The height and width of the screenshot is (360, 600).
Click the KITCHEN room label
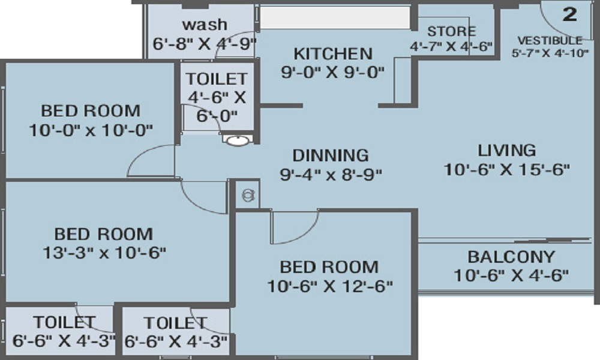click(x=333, y=54)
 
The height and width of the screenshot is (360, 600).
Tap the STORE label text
click(x=452, y=31)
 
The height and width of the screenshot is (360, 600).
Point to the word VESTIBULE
click(x=550, y=40)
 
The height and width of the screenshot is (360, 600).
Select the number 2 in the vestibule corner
click(x=570, y=14)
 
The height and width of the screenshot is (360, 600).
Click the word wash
click(x=205, y=25)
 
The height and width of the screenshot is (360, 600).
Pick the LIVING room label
click(x=506, y=151)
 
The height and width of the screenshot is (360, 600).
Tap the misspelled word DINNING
click(x=331, y=156)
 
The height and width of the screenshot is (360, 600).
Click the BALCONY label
click(x=511, y=257)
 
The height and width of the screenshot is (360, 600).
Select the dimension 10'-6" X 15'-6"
click(x=506, y=169)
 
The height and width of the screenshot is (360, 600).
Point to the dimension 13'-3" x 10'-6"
click(x=104, y=253)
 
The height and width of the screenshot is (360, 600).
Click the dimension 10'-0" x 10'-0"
click(x=91, y=130)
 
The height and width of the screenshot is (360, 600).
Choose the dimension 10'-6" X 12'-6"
click(x=330, y=286)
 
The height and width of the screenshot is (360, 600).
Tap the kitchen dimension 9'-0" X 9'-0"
click(x=333, y=72)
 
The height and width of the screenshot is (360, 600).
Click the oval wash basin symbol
click(x=238, y=140)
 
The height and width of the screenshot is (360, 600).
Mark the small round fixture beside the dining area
click(x=248, y=196)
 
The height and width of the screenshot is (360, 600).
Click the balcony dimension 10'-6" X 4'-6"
click(x=511, y=275)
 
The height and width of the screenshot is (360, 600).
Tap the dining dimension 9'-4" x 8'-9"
click(x=331, y=175)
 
